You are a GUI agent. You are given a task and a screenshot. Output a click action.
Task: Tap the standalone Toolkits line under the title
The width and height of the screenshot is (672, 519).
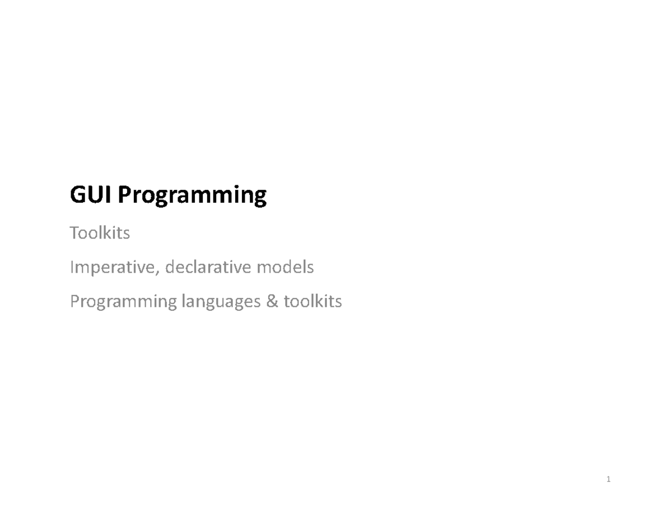[100, 233]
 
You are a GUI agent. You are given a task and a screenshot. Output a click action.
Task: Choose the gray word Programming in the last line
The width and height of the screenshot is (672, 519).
[123, 303]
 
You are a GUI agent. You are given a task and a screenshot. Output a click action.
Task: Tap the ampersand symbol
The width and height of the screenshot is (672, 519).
[272, 302]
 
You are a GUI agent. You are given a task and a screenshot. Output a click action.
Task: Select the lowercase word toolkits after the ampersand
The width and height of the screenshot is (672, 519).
[312, 302]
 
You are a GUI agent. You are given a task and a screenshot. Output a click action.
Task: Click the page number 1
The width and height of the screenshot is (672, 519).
[608, 480]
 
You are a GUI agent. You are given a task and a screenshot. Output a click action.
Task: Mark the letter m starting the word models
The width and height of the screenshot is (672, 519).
[263, 269]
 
